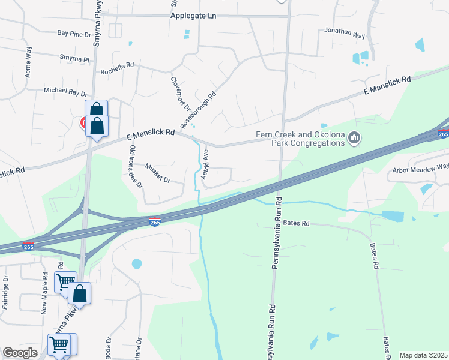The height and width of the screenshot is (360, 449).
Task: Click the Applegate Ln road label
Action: tap(193, 15)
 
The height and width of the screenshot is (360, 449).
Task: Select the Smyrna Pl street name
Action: tap(74, 58)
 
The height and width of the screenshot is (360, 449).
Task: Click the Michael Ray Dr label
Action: tap(65, 92)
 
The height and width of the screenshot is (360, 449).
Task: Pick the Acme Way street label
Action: tap(28, 62)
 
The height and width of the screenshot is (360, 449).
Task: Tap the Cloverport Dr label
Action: tap(180, 94)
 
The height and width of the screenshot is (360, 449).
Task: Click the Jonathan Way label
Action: tap(345, 32)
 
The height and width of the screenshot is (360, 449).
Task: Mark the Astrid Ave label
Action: tap(205, 164)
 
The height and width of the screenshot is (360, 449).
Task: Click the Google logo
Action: tap(20, 353)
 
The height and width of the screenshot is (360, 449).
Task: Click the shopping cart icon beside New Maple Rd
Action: tap(65, 281)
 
